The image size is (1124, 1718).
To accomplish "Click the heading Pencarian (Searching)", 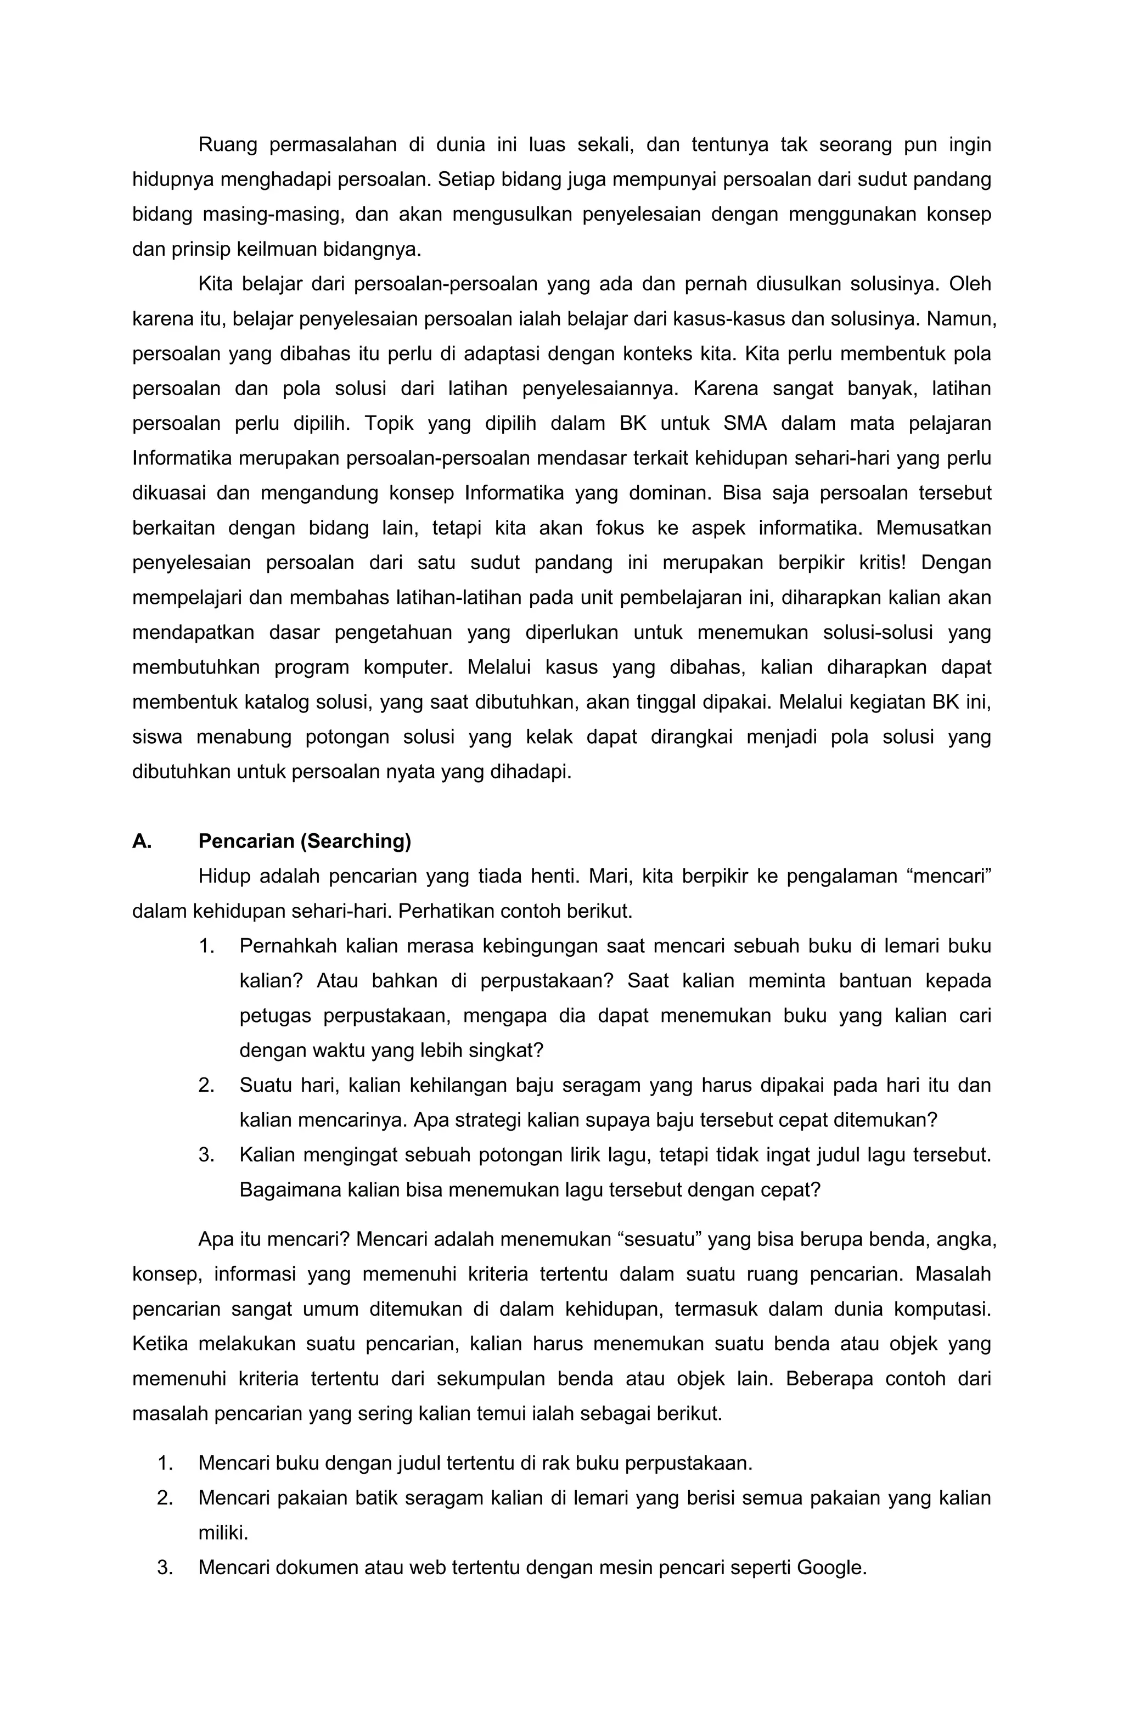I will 304,841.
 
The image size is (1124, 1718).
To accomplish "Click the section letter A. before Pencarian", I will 142,841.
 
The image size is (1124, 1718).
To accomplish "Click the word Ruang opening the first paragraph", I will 227,145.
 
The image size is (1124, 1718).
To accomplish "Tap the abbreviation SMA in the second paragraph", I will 744,424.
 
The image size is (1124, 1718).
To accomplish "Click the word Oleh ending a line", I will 970,284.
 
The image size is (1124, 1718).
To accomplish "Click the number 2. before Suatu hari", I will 206,1085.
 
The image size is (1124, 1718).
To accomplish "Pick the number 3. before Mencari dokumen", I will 165,1567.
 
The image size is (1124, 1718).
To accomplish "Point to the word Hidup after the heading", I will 224,877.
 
